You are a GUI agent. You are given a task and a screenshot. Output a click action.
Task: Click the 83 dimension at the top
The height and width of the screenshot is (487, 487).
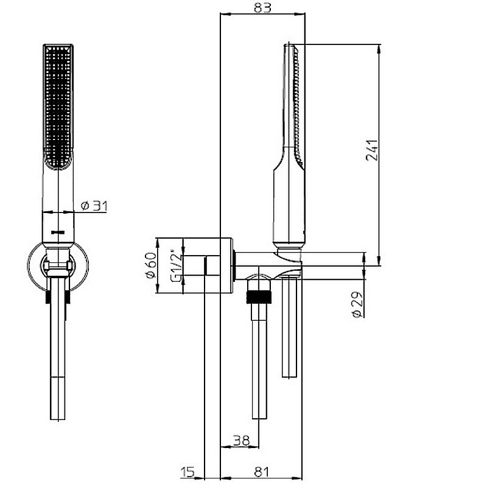coord(262,7)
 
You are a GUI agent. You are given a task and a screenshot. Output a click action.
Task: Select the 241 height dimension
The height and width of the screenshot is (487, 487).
coord(372,150)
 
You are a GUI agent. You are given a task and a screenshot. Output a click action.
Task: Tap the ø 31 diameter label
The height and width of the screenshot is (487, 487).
coord(94,206)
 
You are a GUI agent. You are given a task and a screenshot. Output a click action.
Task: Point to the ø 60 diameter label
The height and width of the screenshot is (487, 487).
coord(151,265)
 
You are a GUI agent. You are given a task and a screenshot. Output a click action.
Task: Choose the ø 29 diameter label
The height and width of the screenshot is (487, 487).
coord(357,304)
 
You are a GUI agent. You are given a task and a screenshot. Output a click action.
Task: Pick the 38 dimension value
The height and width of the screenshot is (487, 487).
coord(241,440)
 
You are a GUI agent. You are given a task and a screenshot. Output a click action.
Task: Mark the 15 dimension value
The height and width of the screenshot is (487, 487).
coord(187,472)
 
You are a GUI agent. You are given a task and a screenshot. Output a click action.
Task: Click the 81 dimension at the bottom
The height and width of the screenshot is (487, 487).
coord(261,472)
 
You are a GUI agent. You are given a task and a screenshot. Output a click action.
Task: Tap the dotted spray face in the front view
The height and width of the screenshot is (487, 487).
coord(58,104)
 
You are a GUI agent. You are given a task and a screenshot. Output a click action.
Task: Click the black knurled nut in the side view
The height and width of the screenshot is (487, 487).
coord(259,297)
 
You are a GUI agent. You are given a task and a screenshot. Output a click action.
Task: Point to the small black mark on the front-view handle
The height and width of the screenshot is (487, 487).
coord(58,232)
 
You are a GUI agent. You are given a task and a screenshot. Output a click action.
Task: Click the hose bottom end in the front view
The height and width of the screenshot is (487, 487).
coord(58,419)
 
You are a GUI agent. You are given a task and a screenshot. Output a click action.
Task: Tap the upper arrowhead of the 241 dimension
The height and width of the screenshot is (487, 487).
coord(379,49)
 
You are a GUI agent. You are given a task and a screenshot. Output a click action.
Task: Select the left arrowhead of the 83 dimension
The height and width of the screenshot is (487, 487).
coord(225,13)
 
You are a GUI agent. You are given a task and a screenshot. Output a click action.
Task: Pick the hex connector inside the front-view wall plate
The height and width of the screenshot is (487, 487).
coord(58,265)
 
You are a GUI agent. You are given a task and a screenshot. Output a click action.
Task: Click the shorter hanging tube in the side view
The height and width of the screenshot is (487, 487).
coord(290,328)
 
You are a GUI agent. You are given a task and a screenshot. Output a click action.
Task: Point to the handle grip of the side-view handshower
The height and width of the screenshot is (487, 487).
coord(289,205)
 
